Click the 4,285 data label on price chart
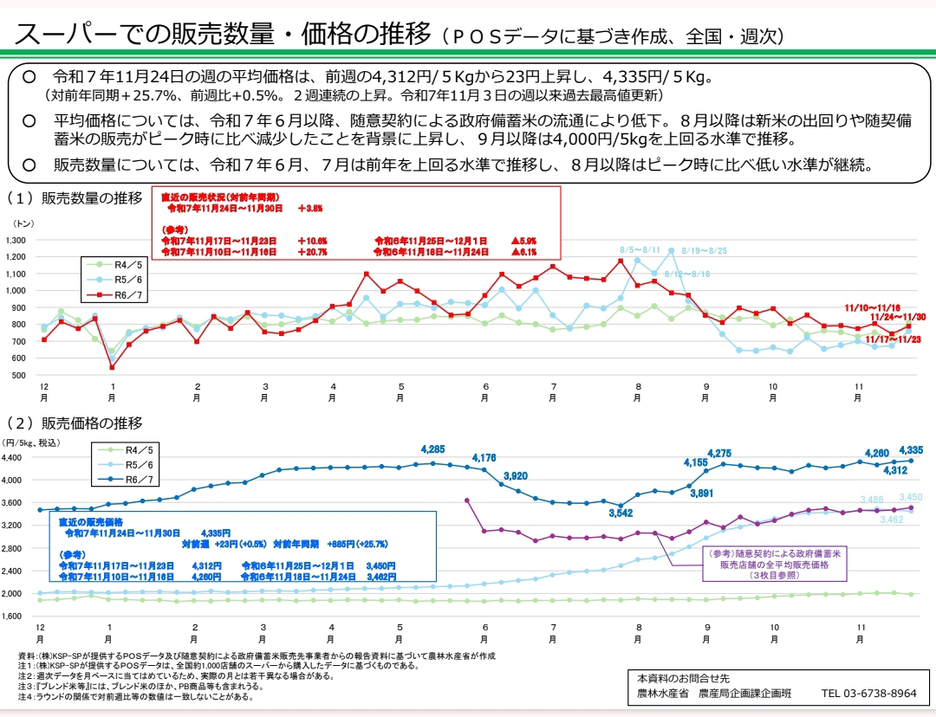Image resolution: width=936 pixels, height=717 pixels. pyautogui.click(x=432, y=449)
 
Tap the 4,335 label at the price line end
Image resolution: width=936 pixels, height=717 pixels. pyautogui.click(x=911, y=450)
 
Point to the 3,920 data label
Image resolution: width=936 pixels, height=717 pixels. pyautogui.click(x=516, y=475)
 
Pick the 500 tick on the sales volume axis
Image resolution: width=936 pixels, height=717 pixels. pyautogui.click(x=18, y=375)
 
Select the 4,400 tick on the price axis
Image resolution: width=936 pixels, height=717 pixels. pyautogui.click(x=16, y=457)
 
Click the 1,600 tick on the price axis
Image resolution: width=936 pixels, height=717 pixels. pyautogui.click(x=16, y=616)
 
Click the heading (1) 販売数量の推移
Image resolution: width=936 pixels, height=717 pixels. pyautogui.click(x=75, y=198)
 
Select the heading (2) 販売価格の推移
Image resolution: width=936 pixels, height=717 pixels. pyautogui.click(x=75, y=423)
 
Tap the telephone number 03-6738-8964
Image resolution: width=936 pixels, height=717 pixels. pyautogui.click(x=869, y=694)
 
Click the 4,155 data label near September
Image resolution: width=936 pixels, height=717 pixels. pyautogui.click(x=696, y=462)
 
